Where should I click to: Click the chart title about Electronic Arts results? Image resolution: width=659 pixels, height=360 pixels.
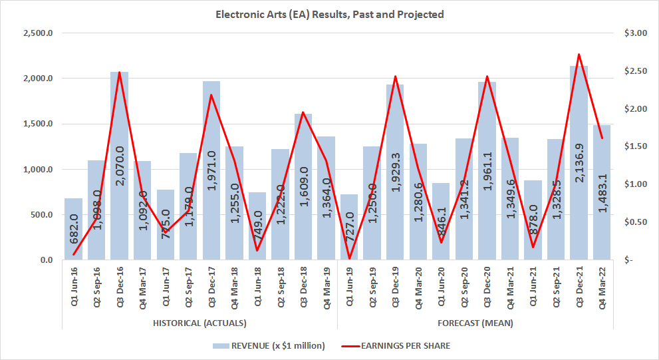tap(329, 14)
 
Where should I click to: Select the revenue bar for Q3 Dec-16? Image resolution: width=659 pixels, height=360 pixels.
tap(120, 166)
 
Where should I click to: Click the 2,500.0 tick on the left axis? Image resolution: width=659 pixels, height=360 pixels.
tap(38, 33)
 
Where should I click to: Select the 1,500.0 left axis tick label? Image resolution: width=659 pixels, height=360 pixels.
tap(38, 124)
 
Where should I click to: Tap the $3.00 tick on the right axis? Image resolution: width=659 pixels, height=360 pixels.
tap(634, 33)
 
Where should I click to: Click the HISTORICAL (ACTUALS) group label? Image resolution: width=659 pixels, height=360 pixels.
tap(200, 323)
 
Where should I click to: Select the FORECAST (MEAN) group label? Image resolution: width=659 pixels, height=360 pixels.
tap(475, 323)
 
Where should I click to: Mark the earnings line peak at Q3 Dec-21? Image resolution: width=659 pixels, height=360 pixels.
tap(579, 55)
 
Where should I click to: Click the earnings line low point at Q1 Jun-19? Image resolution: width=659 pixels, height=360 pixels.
tap(349, 259)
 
